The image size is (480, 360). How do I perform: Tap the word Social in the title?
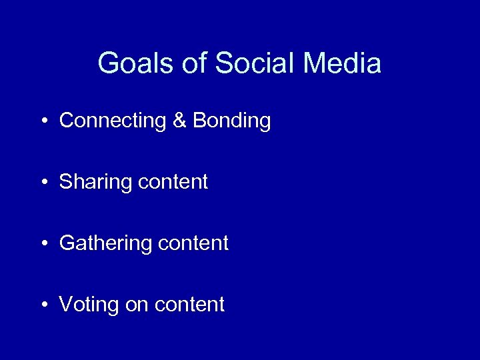coord(255,64)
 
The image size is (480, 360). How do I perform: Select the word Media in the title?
coord(342,64)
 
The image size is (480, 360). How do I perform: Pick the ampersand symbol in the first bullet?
coord(179,121)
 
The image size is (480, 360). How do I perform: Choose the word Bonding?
coord(231,121)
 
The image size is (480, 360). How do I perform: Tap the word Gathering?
coord(105,243)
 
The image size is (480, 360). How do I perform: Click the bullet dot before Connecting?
coord(43,122)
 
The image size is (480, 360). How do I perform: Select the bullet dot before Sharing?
coord(43,183)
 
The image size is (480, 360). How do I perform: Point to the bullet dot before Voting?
coord(43,305)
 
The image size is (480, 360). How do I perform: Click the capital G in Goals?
coord(107,64)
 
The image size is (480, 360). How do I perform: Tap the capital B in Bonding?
coord(199,121)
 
